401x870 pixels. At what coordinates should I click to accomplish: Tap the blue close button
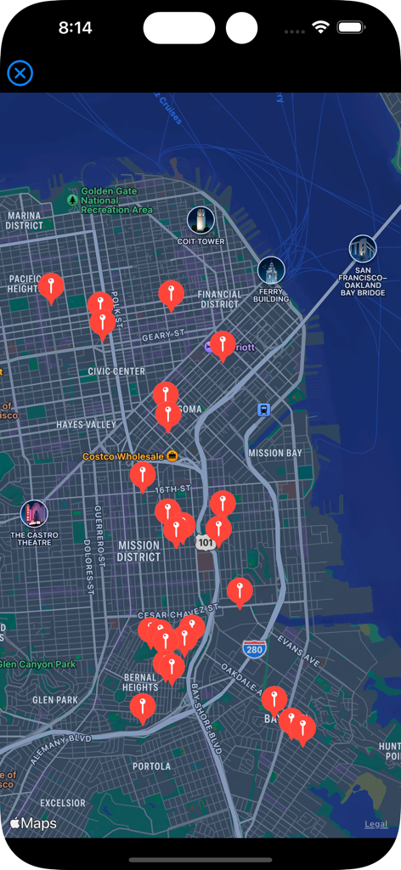20,73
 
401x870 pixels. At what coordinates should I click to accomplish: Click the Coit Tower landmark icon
200,220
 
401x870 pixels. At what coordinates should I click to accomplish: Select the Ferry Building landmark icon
271,270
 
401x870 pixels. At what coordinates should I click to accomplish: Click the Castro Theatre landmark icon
34,513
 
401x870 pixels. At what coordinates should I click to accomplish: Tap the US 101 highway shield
205,541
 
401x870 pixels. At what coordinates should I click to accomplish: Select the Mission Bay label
274,453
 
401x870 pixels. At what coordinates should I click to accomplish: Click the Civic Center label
116,371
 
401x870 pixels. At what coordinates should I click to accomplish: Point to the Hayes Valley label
86,424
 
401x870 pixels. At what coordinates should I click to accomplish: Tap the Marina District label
24,221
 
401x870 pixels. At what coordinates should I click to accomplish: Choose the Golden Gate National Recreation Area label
116,201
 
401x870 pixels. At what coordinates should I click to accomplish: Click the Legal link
376,824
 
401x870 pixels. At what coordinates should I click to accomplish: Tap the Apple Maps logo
33,823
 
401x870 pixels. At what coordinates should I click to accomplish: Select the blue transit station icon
264,410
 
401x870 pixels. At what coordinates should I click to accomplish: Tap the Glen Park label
54,700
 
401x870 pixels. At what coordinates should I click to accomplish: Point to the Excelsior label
63,802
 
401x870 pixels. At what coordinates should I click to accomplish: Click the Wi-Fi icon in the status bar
320,27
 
